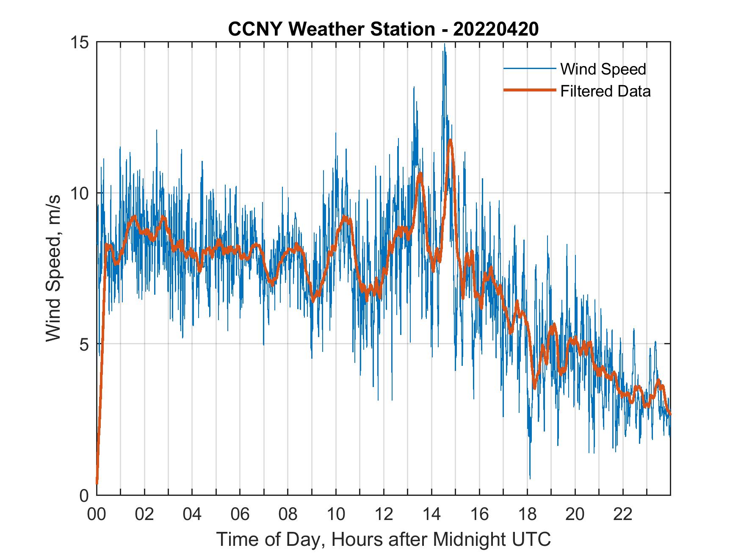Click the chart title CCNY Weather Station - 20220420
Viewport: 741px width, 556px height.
click(x=383, y=29)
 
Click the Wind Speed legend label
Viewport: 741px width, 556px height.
click(x=603, y=69)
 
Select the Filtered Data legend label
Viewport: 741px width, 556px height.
click(x=605, y=91)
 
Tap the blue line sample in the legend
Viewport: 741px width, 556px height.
click(x=529, y=69)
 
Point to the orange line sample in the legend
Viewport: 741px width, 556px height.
click(x=529, y=90)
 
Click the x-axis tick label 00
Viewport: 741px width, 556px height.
click(x=97, y=515)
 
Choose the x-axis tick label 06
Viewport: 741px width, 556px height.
click(x=240, y=515)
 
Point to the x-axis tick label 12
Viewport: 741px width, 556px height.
click(x=384, y=515)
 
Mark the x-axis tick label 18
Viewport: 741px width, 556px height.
click(x=527, y=515)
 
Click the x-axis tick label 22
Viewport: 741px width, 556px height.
click(x=623, y=515)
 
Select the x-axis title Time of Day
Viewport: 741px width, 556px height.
click(x=384, y=539)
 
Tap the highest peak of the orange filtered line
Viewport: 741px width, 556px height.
click(x=450, y=140)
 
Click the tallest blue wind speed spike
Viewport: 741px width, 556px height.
click(x=444, y=44)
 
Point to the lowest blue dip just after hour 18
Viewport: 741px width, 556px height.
click(x=530, y=479)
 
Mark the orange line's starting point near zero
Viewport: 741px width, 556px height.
click(x=97, y=483)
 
